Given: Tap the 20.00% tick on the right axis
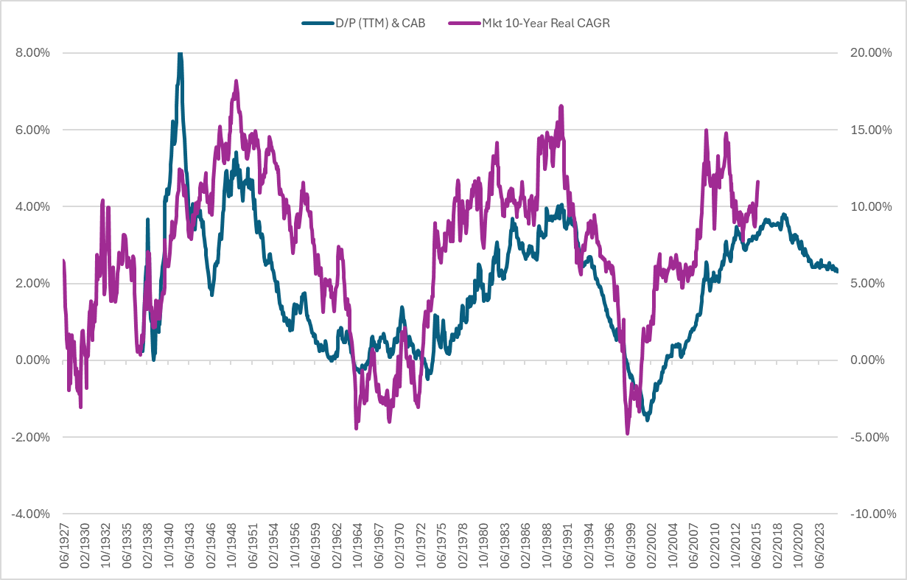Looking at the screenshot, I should [x=870, y=53].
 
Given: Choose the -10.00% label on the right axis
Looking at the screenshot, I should [x=870, y=514].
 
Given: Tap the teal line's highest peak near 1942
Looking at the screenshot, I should [x=180, y=54].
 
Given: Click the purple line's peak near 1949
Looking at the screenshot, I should [x=236, y=81].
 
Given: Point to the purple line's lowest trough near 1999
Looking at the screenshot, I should [x=628, y=433].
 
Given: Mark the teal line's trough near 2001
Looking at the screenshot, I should [x=648, y=419].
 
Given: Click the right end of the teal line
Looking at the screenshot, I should [x=837, y=271].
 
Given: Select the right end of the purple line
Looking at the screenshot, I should [x=757, y=182].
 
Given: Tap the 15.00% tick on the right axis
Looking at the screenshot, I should [x=870, y=130].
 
